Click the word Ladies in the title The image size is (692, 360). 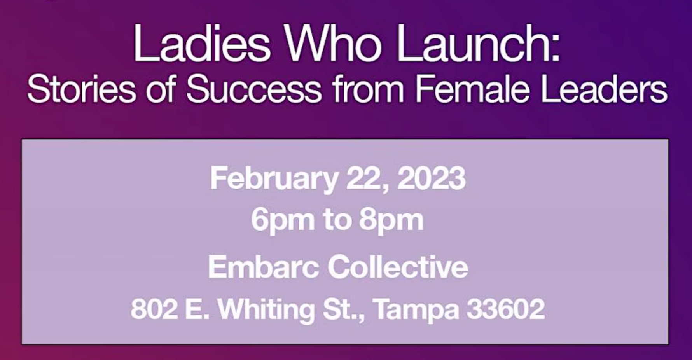point(202,43)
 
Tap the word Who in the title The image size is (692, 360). point(333,43)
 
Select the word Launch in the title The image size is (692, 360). point(473,43)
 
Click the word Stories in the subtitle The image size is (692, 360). point(82,89)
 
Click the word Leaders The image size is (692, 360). point(604,89)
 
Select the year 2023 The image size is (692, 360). point(431,178)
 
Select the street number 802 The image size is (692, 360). point(154,309)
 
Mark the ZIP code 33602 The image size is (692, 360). point(506,309)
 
